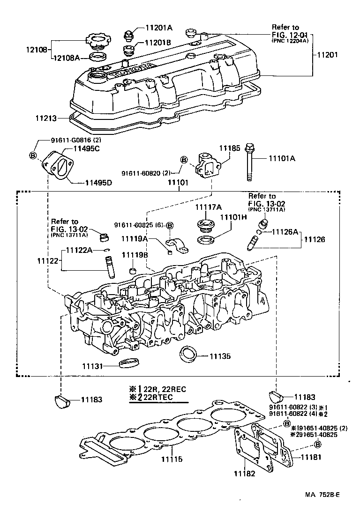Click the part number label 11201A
[158, 28]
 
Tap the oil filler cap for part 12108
[97, 41]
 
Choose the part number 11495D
[98, 182]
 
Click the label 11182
[244, 474]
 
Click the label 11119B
[135, 254]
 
